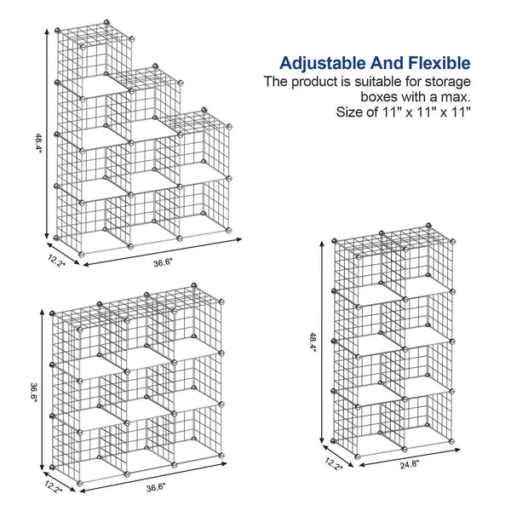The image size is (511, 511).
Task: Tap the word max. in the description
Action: coord(454,96)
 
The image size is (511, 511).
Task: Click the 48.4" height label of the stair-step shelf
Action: coord(37,141)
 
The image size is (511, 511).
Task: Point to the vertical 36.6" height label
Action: coord(32,394)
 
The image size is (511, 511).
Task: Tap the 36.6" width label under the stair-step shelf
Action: coord(163,263)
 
